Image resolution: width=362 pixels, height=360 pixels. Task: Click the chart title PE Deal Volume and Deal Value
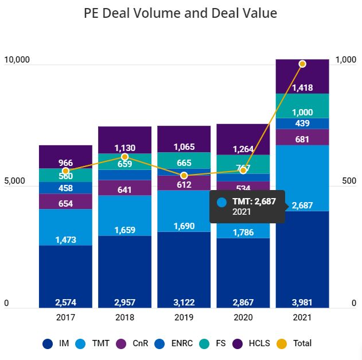pyautogui.click(x=180, y=13)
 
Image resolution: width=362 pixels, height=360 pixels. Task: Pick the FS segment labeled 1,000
pyautogui.click(x=302, y=106)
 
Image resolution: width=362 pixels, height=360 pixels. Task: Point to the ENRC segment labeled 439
pyautogui.click(x=302, y=123)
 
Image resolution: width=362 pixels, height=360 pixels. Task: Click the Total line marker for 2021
pyautogui.click(x=302, y=64)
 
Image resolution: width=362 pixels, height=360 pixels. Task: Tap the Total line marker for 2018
pyautogui.click(x=124, y=157)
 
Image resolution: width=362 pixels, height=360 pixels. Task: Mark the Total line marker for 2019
pyautogui.click(x=184, y=175)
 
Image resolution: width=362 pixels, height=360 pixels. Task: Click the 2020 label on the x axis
pyautogui.click(x=243, y=318)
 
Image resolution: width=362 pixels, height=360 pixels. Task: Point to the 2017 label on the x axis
pyautogui.click(x=65, y=318)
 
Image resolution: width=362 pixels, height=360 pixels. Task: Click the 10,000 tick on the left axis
pyautogui.click(x=17, y=60)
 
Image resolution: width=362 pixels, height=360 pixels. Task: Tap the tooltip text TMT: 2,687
pyautogui.click(x=254, y=202)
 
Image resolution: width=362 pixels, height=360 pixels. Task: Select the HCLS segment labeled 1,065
pyautogui.click(x=184, y=139)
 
